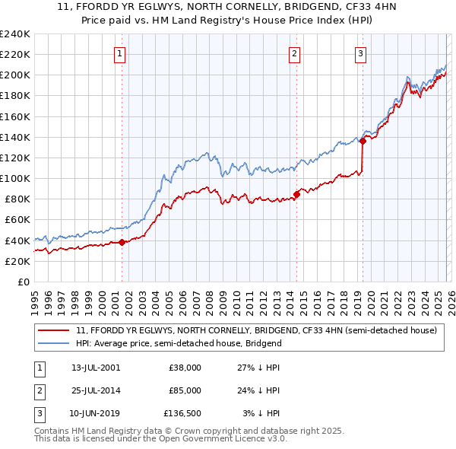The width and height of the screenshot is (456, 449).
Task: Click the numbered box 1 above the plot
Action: (121, 53)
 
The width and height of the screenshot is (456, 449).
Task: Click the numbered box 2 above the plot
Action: (294, 53)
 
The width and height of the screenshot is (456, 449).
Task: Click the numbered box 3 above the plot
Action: (359, 53)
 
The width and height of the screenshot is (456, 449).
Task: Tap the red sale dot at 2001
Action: (122, 243)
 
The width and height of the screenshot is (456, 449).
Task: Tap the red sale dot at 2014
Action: (296, 194)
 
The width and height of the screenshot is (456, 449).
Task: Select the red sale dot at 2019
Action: (363, 141)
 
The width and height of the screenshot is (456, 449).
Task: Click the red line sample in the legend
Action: (53, 331)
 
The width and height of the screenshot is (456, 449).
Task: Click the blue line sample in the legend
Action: (53, 344)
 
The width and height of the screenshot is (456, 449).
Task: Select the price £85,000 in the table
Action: (185, 390)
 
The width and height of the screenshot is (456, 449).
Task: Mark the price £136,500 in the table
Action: (182, 414)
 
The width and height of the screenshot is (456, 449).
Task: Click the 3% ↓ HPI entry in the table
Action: (261, 414)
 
